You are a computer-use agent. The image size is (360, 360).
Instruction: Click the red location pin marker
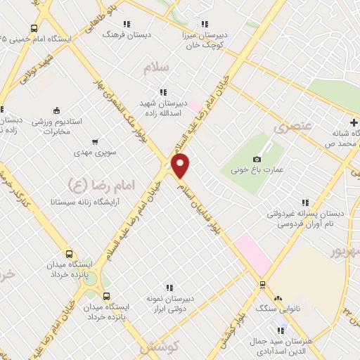click(181, 165)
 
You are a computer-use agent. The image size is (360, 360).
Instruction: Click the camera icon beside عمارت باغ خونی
click(257, 160)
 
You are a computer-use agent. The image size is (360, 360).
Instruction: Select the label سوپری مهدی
click(94, 152)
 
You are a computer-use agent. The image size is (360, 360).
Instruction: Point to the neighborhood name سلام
click(156, 68)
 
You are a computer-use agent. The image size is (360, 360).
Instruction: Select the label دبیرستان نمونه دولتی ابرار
click(169, 302)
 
